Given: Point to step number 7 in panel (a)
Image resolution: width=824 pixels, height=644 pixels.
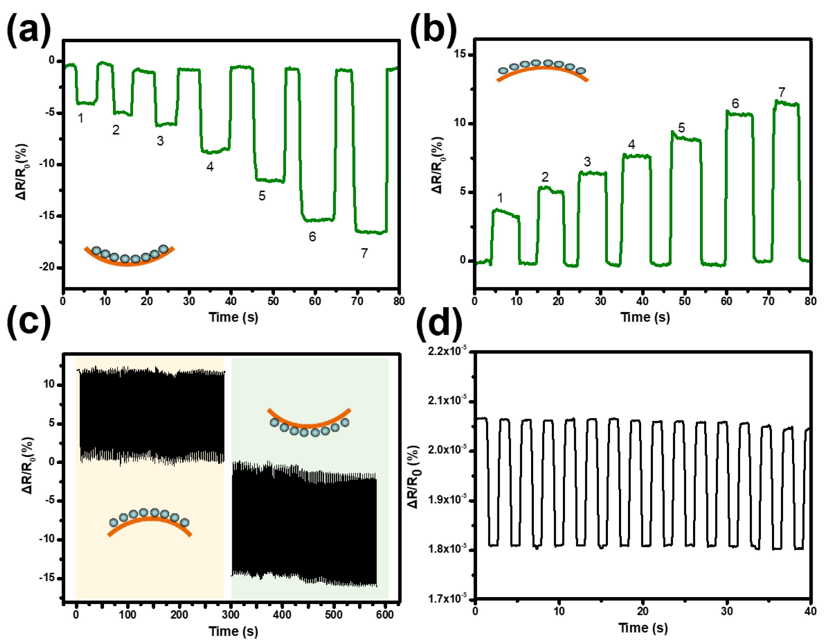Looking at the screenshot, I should [x=364, y=253].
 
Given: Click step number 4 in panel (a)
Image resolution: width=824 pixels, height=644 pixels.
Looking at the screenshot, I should [x=210, y=167].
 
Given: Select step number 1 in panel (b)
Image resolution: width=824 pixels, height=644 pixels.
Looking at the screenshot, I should [x=500, y=198].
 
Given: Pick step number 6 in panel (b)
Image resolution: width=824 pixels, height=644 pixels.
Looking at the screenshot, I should [x=735, y=103].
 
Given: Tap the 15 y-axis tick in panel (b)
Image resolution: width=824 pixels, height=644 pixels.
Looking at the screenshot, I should [x=460, y=54].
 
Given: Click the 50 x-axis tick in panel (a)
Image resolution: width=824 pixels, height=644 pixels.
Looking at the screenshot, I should [x=273, y=301].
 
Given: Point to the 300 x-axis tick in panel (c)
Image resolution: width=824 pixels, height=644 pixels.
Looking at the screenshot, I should [x=230, y=615].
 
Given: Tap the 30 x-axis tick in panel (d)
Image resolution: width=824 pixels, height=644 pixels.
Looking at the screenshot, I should [x=726, y=611].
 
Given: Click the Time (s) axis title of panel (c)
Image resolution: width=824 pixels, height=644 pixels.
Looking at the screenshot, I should [x=233, y=631].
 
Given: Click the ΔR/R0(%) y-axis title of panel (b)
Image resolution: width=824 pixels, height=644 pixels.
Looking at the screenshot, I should [x=438, y=165].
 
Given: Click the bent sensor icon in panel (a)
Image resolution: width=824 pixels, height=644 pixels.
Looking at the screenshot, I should [x=129, y=255].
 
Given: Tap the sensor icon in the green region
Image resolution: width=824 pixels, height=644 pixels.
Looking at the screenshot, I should [x=309, y=422].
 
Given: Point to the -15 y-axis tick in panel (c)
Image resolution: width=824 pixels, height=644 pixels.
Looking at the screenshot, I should [x=47, y=578].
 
